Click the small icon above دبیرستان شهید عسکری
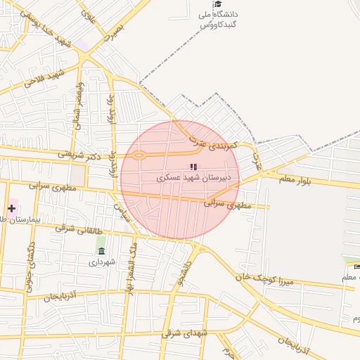click(x=193, y=167)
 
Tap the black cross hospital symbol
click(x=12, y=208)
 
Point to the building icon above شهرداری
click(x=101, y=251)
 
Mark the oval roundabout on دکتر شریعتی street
click(x=139, y=155)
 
